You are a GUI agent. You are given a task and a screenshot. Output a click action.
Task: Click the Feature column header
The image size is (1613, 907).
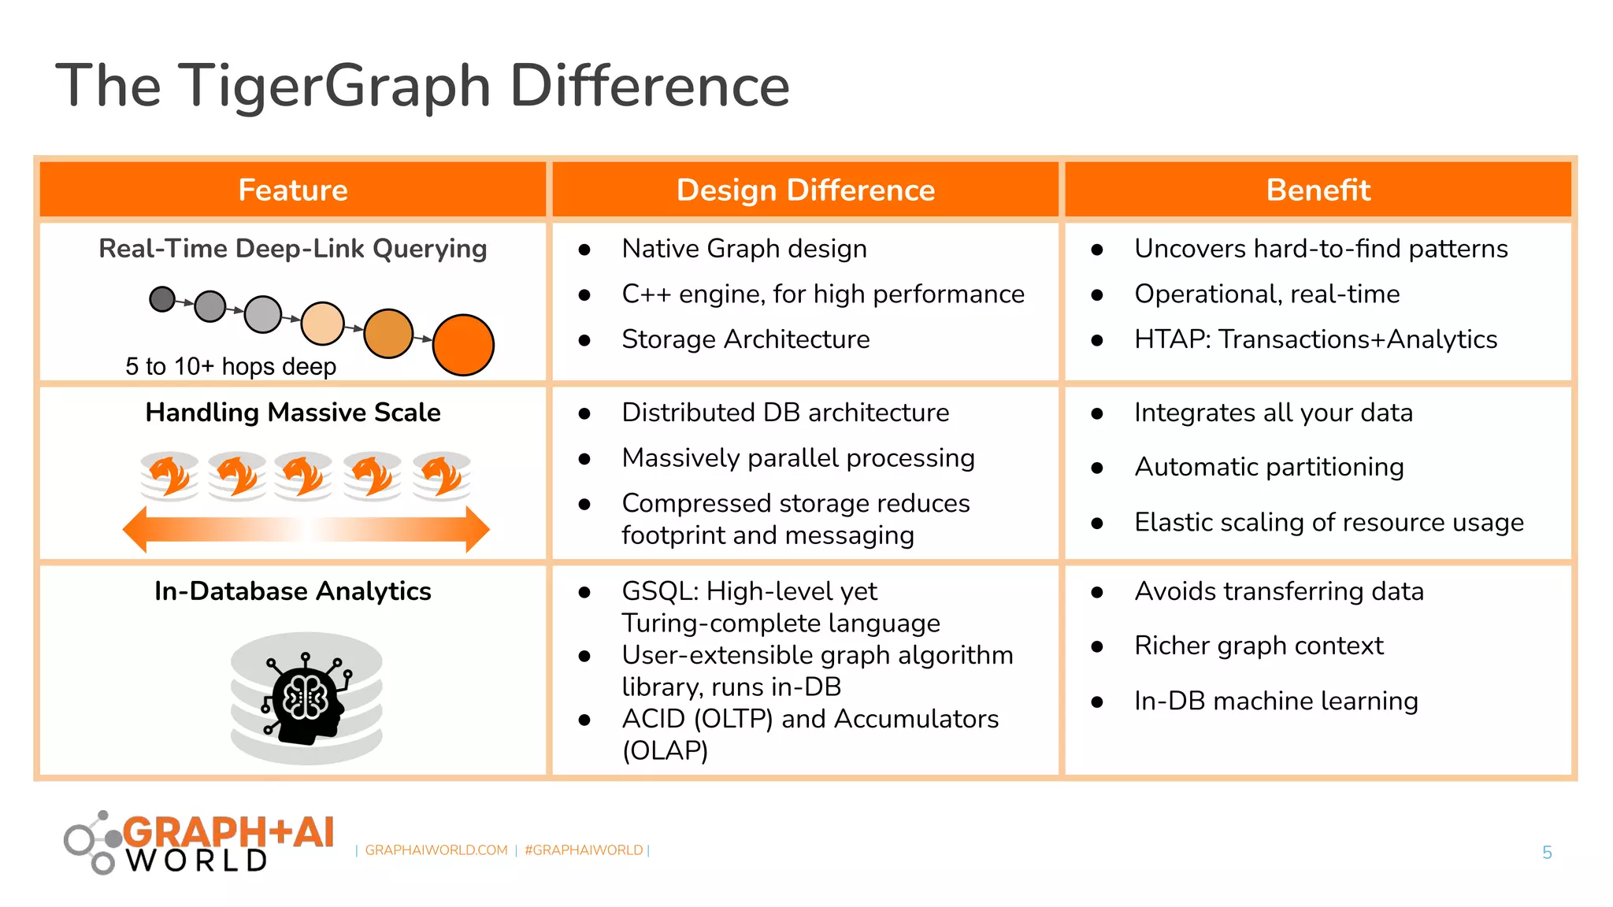[x=293, y=190]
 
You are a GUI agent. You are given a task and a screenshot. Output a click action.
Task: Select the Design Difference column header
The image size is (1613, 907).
[x=805, y=190]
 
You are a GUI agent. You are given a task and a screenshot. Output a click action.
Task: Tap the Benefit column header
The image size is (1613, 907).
[x=1318, y=190]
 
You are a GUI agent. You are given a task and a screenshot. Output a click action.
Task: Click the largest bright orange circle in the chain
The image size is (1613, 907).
[x=463, y=345]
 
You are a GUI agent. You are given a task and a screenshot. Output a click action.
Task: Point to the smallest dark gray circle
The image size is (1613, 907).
[x=162, y=299]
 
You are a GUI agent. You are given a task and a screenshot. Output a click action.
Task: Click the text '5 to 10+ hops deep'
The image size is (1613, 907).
[x=231, y=366]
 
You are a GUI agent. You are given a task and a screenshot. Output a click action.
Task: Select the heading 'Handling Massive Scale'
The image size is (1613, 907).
[x=293, y=412]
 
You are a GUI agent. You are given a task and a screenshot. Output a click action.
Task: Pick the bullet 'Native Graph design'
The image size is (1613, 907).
[x=743, y=249]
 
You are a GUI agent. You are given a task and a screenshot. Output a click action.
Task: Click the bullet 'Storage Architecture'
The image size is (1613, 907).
[x=745, y=339]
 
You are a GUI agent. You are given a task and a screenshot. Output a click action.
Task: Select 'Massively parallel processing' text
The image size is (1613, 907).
[x=798, y=458]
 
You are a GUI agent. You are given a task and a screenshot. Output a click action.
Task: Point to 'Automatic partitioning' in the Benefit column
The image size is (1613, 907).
[x=1269, y=467]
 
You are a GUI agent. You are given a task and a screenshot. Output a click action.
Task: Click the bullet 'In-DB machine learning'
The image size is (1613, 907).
[x=1276, y=701]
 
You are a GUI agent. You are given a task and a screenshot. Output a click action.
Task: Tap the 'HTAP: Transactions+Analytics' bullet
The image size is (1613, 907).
[x=1315, y=339]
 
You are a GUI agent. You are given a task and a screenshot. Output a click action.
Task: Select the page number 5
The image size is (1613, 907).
[x=1546, y=852]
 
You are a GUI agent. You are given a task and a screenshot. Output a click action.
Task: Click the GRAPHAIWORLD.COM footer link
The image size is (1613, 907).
[x=436, y=850]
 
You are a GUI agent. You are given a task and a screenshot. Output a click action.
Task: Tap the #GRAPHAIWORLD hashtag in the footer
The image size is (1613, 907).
[x=584, y=850]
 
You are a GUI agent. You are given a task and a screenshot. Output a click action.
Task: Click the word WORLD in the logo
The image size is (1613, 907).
[x=197, y=861]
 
